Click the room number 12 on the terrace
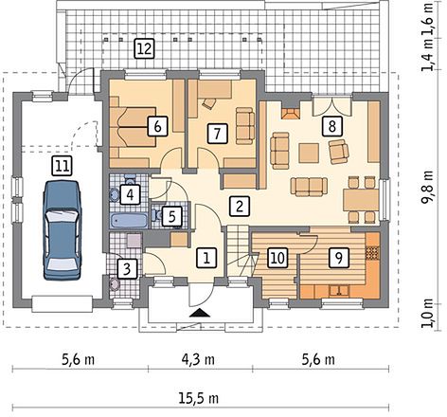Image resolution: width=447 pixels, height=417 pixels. (145, 48)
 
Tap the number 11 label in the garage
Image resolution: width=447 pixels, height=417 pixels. (63, 165)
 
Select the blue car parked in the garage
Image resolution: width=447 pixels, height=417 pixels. (62, 230)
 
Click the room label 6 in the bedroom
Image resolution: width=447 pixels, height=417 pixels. (157, 126)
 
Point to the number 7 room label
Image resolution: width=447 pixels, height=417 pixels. (217, 134)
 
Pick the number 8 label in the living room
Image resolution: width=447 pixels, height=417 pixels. (331, 126)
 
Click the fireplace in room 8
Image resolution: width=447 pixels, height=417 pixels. (291, 114)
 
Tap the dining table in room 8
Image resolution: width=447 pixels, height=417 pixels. (361, 200)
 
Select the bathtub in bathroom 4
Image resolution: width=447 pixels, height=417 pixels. (129, 220)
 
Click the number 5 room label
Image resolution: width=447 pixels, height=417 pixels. (172, 216)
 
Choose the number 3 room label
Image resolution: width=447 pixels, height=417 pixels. (127, 268)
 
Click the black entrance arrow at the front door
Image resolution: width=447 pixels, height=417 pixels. (199, 313)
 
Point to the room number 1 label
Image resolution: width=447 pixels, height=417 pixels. (206, 258)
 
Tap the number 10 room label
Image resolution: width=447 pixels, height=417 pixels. (277, 258)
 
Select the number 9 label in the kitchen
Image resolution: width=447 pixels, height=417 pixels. (338, 258)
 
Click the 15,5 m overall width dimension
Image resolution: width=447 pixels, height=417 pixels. (199, 398)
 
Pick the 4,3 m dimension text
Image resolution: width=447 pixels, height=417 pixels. (199, 359)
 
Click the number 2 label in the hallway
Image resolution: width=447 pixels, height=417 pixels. (240, 207)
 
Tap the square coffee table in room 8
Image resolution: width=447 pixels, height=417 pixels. (309, 153)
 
